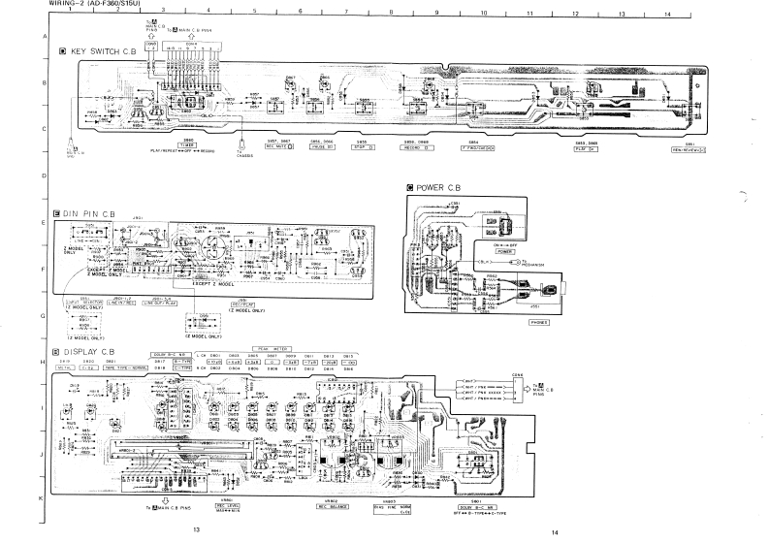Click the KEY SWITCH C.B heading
100,50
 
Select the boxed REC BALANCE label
333,506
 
